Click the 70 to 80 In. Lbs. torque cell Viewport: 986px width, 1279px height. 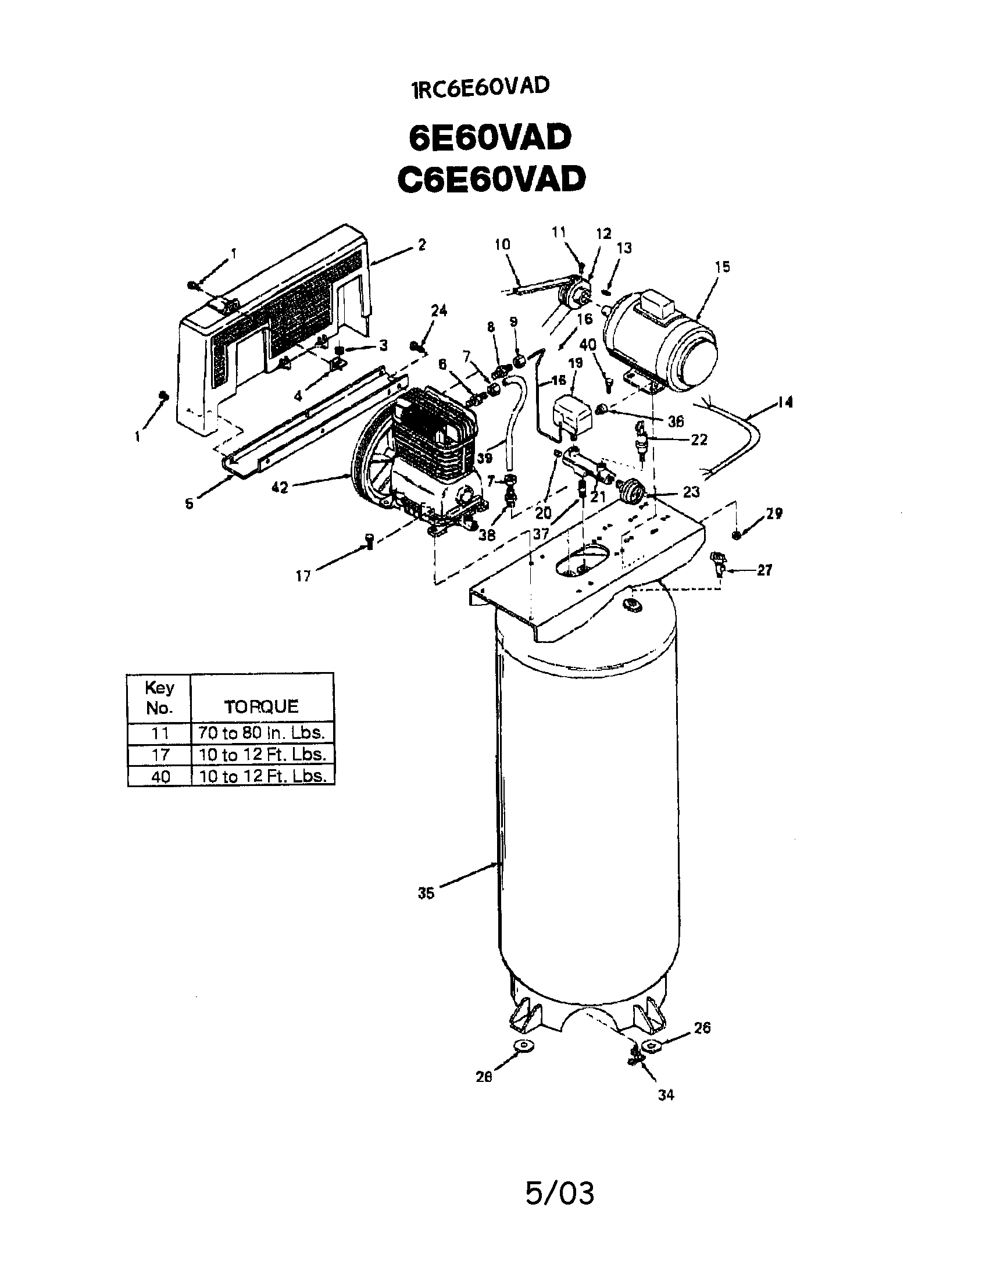pyautogui.click(x=262, y=733)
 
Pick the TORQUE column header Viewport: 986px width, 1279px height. pyautogui.click(x=261, y=706)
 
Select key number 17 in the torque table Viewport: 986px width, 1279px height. pyautogui.click(x=160, y=754)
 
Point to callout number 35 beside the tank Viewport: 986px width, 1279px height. pyautogui.click(x=426, y=894)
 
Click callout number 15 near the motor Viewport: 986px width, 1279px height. pyautogui.click(x=723, y=267)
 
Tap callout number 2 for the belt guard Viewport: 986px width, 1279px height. pyautogui.click(x=422, y=245)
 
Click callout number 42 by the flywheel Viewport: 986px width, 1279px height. pyautogui.click(x=280, y=487)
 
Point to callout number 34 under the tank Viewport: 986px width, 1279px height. pyautogui.click(x=666, y=1095)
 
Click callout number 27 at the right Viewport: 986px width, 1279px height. pyautogui.click(x=764, y=570)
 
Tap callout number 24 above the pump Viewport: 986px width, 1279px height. pyautogui.click(x=439, y=311)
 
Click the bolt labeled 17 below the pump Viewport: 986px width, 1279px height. pyautogui.click(x=369, y=542)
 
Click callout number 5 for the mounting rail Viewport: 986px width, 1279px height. pyautogui.click(x=189, y=504)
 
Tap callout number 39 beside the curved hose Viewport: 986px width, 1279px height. pyautogui.click(x=484, y=458)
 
